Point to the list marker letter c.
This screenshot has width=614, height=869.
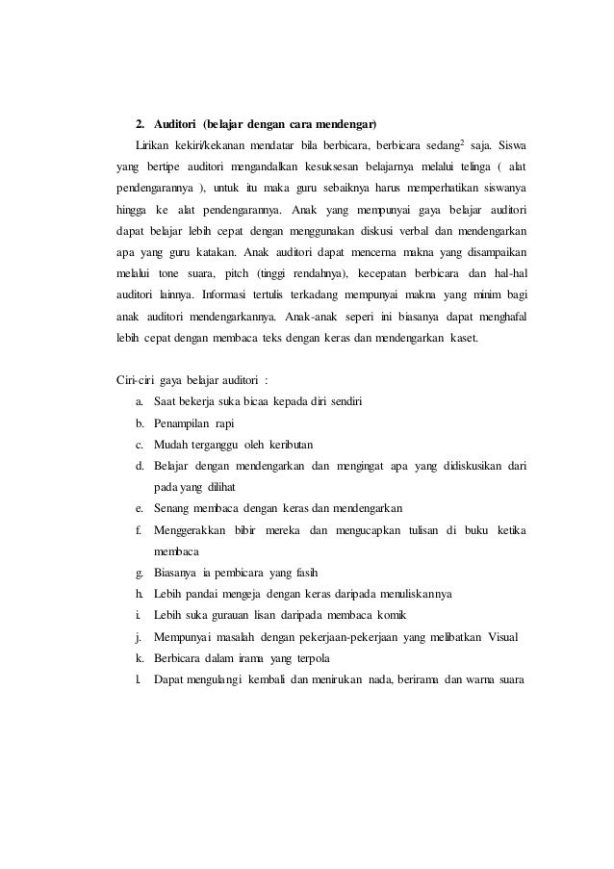tap(140, 444)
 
